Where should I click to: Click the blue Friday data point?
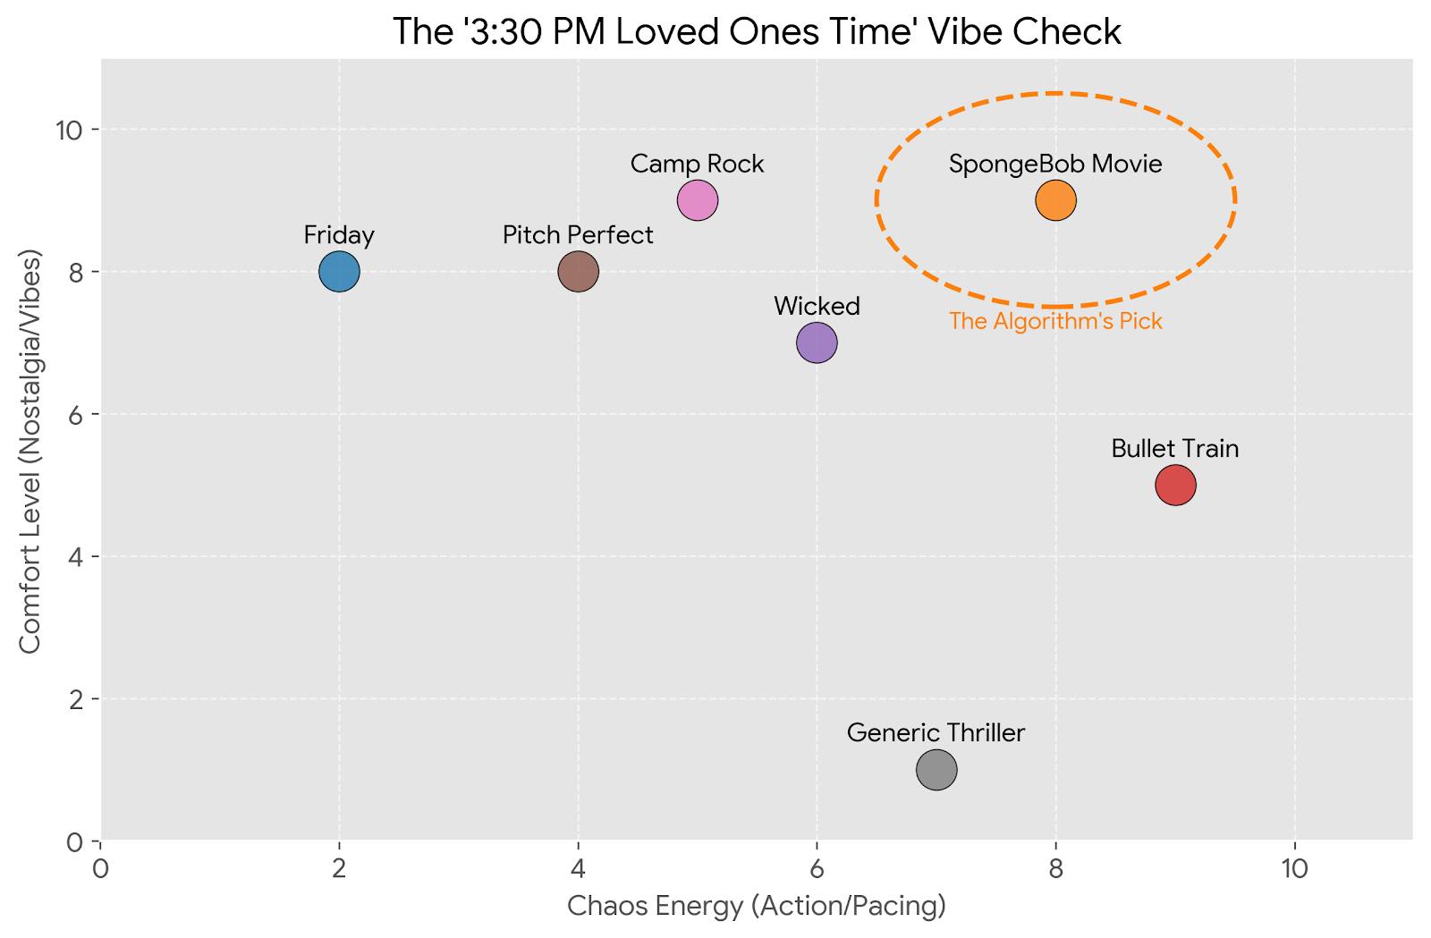(x=339, y=271)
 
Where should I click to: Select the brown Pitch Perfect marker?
(x=578, y=271)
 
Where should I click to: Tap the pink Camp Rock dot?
(x=698, y=199)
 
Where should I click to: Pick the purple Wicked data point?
(x=817, y=342)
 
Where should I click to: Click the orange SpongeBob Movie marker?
(x=1055, y=199)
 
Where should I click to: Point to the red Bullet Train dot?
(x=1175, y=485)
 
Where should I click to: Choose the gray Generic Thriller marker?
(x=936, y=769)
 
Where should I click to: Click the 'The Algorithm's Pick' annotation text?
(x=1055, y=321)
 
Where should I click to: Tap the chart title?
(x=757, y=31)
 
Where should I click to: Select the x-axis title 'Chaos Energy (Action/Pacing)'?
(x=757, y=906)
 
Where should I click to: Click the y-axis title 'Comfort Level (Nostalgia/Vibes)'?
(x=30, y=451)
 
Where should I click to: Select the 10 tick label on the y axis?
(x=68, y=130)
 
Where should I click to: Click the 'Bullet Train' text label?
(x=1175, y=448)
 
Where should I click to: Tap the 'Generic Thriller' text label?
(x=936, y=732)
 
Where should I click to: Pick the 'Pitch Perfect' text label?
(x=578, y=234)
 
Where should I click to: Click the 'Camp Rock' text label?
(x=698, y=164)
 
